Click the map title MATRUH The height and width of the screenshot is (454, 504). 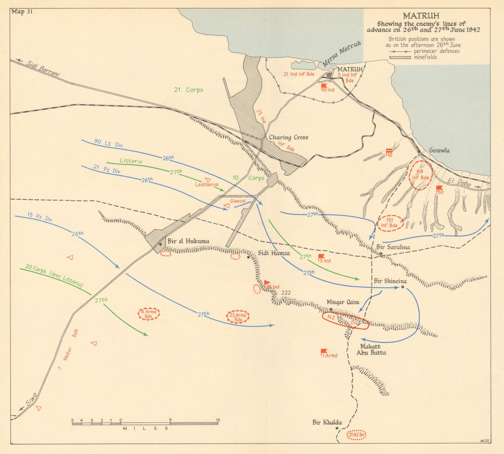[x=421, y=16]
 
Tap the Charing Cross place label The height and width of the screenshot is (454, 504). [x=288, y=138]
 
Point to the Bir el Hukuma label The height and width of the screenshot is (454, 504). [x=188, y=241]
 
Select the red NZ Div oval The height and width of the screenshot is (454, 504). [x=345, y=321]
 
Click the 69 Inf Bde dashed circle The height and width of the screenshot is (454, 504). [x=421, y=175]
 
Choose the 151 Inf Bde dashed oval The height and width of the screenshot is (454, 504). [x=391, y=223]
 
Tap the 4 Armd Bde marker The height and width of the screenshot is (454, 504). [x=149, y=314]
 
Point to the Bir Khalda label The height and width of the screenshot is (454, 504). [x=327, y=422]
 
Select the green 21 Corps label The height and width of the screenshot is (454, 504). [x=189, y=90]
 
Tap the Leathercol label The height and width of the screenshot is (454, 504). [x=207, y=185]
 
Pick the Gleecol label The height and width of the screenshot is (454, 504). [x=238, y=201]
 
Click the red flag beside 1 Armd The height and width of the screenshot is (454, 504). [x=324, y=351]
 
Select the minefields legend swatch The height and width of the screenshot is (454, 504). [x=400, y=57]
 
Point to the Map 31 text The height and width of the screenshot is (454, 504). [x=22, y=12]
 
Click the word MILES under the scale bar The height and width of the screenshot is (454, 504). [x=146, y=428]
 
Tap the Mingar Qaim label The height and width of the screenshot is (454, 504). [x=343, y=302]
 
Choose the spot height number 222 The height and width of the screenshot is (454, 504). [x=286, y=293]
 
